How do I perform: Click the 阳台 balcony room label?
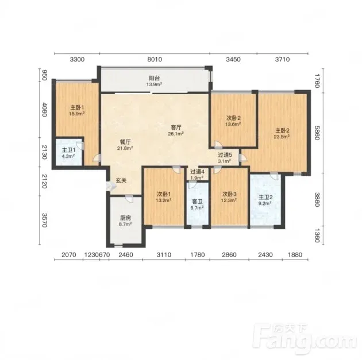pyautogui.click(x=154, y=79)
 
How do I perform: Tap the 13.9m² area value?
pyautogui.click(x=154, y=84)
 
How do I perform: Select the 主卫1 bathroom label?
pyautogui.click(x=68, y=150)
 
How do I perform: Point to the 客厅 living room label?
pyautogui.click(x=176, y=127)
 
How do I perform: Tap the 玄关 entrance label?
pyautogui.click(x=121, y=181)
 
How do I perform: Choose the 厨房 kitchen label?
pyautogui.click(x=126, y=218)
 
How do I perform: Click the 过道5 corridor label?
pyautogui.click(x=225, y=155)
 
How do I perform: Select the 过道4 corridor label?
pyautogui.click(x=197, y=172)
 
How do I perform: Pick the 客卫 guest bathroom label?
pyautogui.click(x=197, y=202)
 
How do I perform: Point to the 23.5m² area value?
pyautogui.click(x=282, y=137)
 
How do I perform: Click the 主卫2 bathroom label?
pyautogui.click(x=265, y=198)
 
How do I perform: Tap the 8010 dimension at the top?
pyautogui.click(x=155, y=60)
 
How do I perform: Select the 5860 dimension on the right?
pyautogui.click(x=317, y=133)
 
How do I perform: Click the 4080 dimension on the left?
pyautogui.click(x=45, y=109)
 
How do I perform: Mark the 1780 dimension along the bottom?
pyautogui.click(x=198, y=255)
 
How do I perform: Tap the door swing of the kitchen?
pyautogui.click(x=129, y=199)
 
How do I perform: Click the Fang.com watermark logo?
pyautogui.click(x=305, y=337)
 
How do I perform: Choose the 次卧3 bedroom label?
pyautogui.click(x=229, y=194)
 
